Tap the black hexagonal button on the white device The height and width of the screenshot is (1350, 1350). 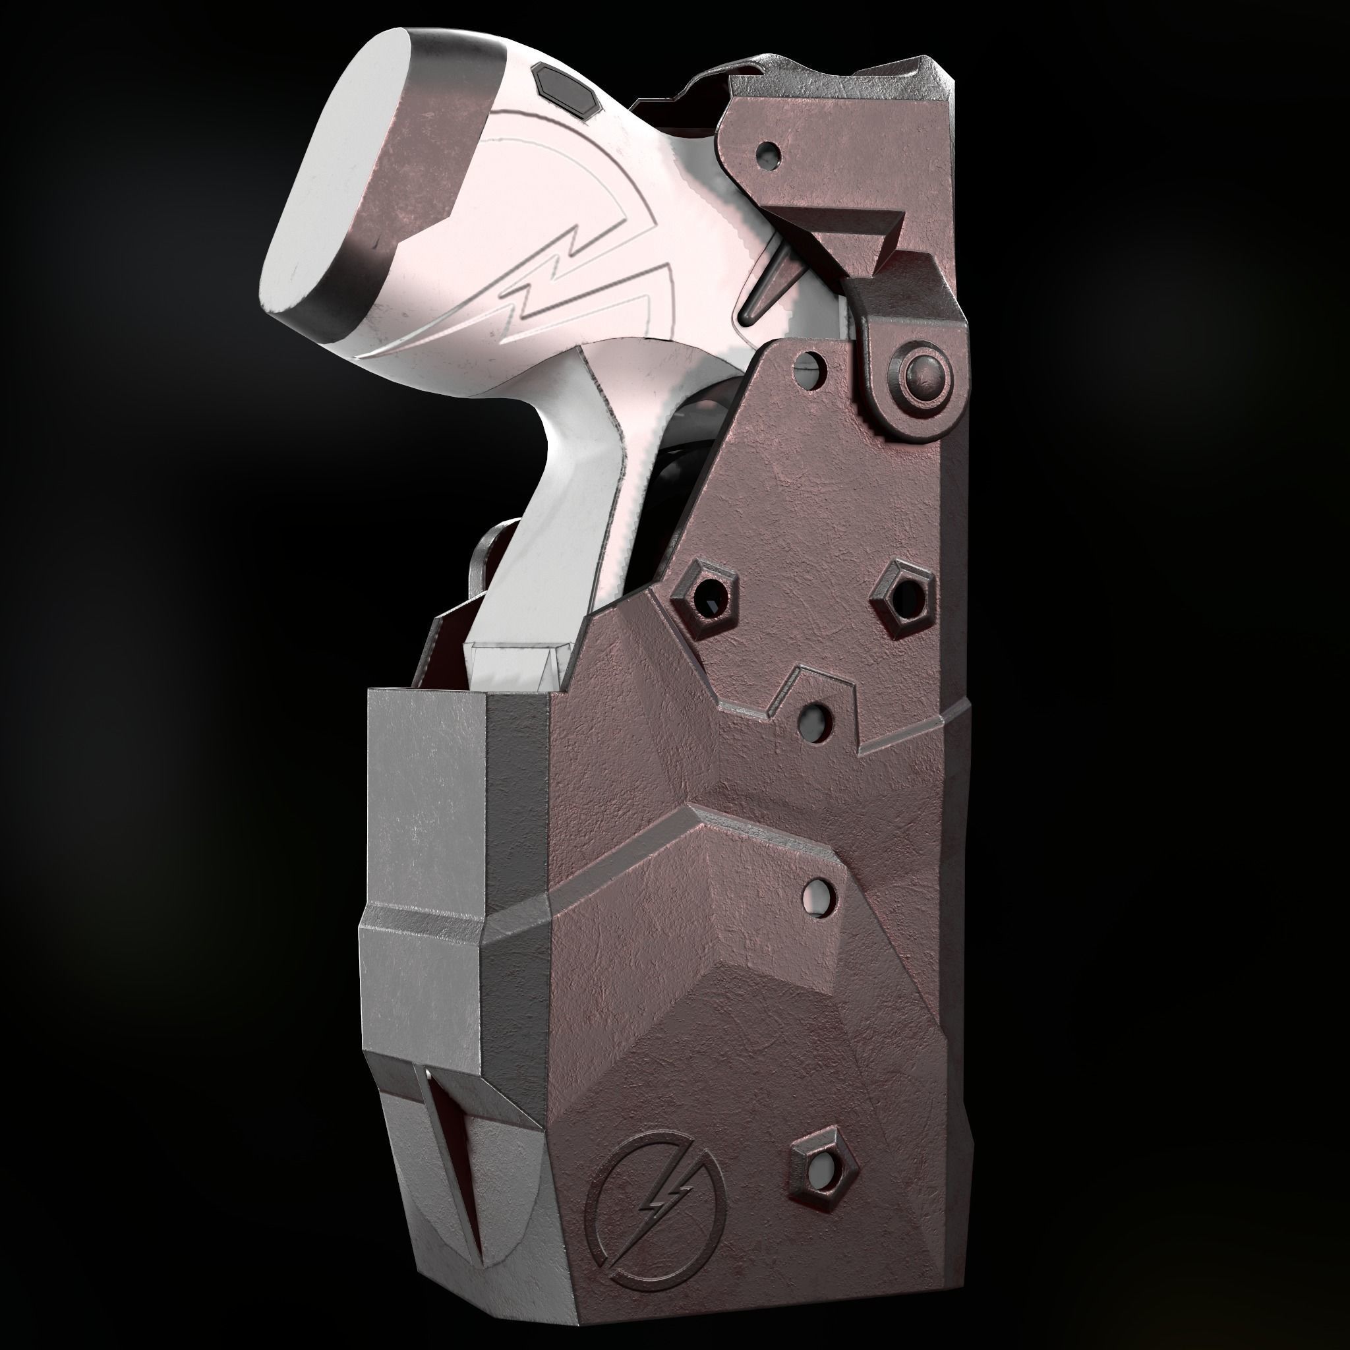click(x=566, y=88)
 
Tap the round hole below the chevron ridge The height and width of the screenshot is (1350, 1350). click(x=819, y=894)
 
